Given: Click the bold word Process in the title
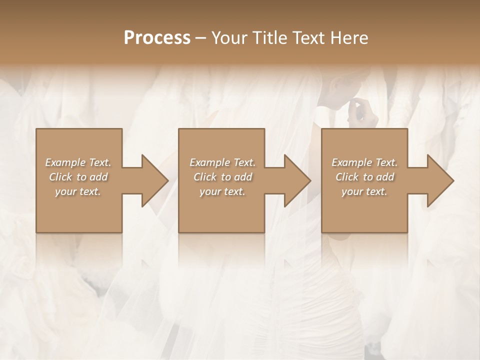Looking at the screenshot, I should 157,38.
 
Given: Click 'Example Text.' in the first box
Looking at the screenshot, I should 78,162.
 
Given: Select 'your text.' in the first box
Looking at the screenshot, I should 78,191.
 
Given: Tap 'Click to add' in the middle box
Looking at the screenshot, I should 222,177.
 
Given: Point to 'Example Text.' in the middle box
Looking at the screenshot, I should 222,162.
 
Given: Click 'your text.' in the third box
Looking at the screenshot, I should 364,191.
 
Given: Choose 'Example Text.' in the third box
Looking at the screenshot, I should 364,162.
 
